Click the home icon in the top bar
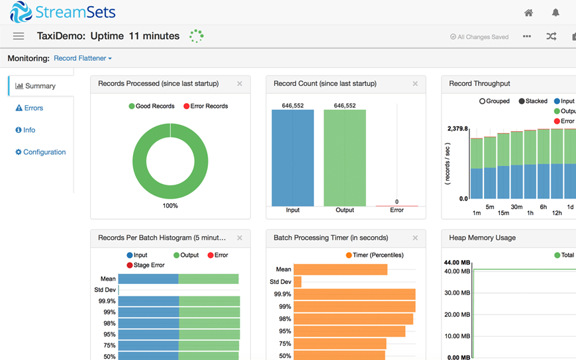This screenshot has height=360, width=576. coord(528,13)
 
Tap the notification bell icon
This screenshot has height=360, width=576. coord(555,13)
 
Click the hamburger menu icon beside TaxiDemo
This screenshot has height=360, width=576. coord(19,36)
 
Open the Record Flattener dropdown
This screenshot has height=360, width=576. coord(83,58)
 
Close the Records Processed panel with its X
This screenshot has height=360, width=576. coord(240,84)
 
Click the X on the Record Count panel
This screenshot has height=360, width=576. coord(415,84)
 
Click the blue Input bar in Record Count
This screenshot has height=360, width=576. coord(293,157)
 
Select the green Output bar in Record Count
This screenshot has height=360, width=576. coord(344,157)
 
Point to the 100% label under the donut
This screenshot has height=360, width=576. coord(170,206)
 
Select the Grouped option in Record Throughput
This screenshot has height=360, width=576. coord(495,101)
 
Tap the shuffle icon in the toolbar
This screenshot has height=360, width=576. coord(551,36)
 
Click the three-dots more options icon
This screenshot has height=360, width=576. coord(526,36)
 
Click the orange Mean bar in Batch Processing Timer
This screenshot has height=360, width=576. coord(340,269)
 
